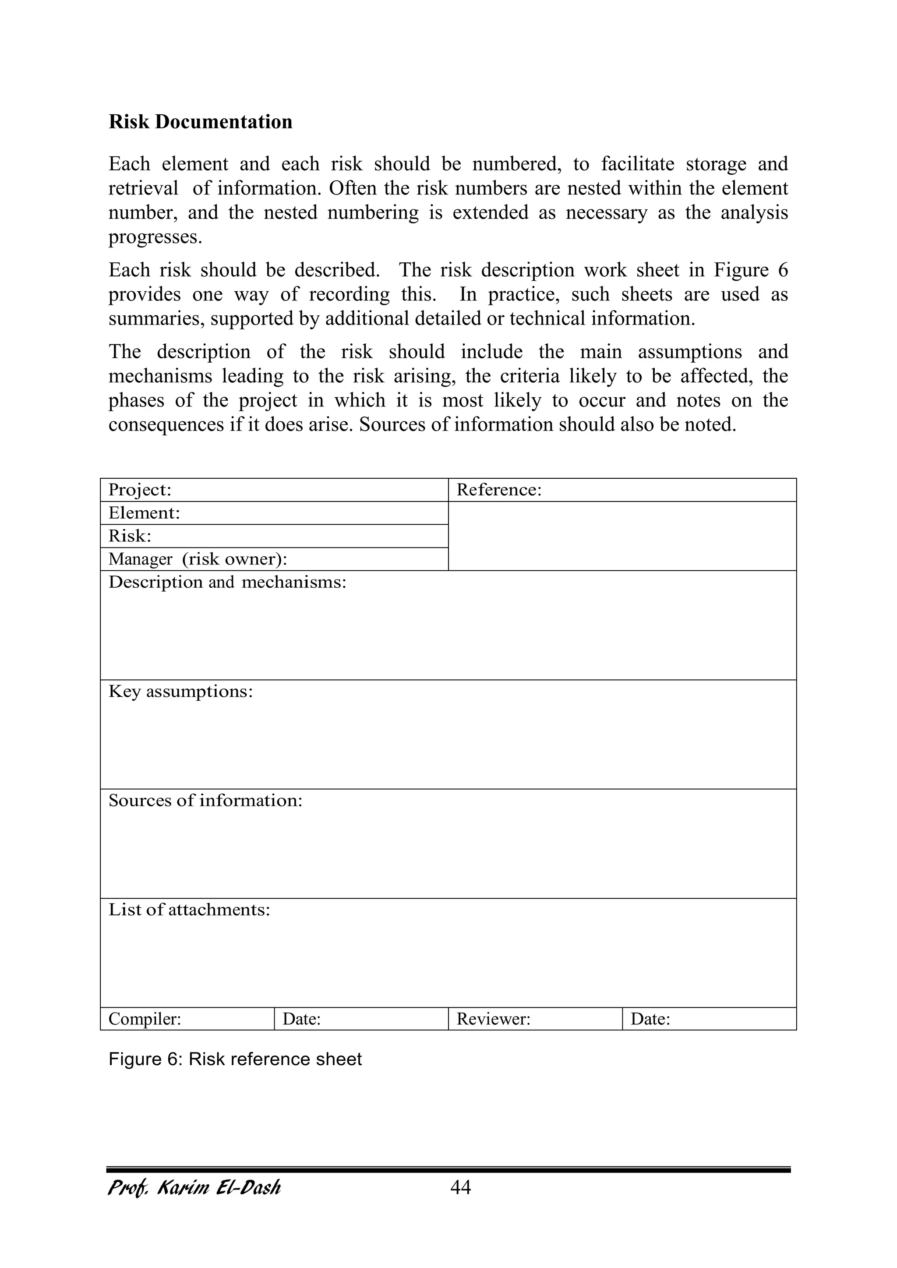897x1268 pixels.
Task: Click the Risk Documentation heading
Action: [200, 121]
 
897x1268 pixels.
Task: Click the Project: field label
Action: [140, 490]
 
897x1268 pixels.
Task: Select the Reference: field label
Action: [499, 490]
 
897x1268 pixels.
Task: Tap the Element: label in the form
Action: [144, 513]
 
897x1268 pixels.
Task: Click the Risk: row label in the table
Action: [130, 536]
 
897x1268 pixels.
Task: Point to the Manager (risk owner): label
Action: [197, 559]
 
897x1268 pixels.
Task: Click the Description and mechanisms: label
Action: [227, 582]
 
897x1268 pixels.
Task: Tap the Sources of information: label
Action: [205, 800]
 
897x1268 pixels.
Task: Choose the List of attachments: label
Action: [189, 910]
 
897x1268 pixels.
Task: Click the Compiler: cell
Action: [145, 1019]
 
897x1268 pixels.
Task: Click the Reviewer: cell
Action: [493, 1019]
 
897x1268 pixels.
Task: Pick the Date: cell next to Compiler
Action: [302, 1019]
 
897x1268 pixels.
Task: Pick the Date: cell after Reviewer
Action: [650, 1019]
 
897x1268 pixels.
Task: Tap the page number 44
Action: [461, 1187]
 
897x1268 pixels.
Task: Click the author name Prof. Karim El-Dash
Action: [194, 1187]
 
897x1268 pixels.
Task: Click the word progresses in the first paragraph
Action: [155, 237]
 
